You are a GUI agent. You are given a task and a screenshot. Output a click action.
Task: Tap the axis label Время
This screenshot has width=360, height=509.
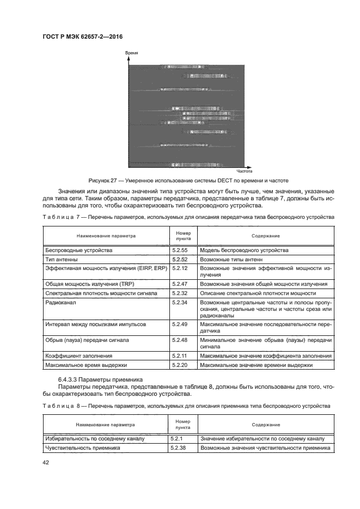[x=132, y=53]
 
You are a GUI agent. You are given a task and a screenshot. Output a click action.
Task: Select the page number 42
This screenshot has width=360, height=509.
[x=46, y=463]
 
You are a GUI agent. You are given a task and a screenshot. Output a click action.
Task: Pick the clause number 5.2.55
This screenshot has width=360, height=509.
[x=179, y=250]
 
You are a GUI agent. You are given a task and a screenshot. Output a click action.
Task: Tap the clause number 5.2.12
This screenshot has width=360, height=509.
[x=179, y=269]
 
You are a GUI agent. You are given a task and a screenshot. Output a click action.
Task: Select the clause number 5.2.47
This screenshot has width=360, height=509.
[x=179, y=284]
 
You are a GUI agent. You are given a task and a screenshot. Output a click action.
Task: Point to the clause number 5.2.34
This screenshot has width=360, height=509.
[x=179, y=302]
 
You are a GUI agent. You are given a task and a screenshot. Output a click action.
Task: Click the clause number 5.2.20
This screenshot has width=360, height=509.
[x=179, y=365]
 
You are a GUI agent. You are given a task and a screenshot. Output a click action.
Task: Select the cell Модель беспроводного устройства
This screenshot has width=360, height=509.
[x=244, y=250]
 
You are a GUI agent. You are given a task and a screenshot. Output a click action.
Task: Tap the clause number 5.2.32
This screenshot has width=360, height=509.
[x=179, y=293]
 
